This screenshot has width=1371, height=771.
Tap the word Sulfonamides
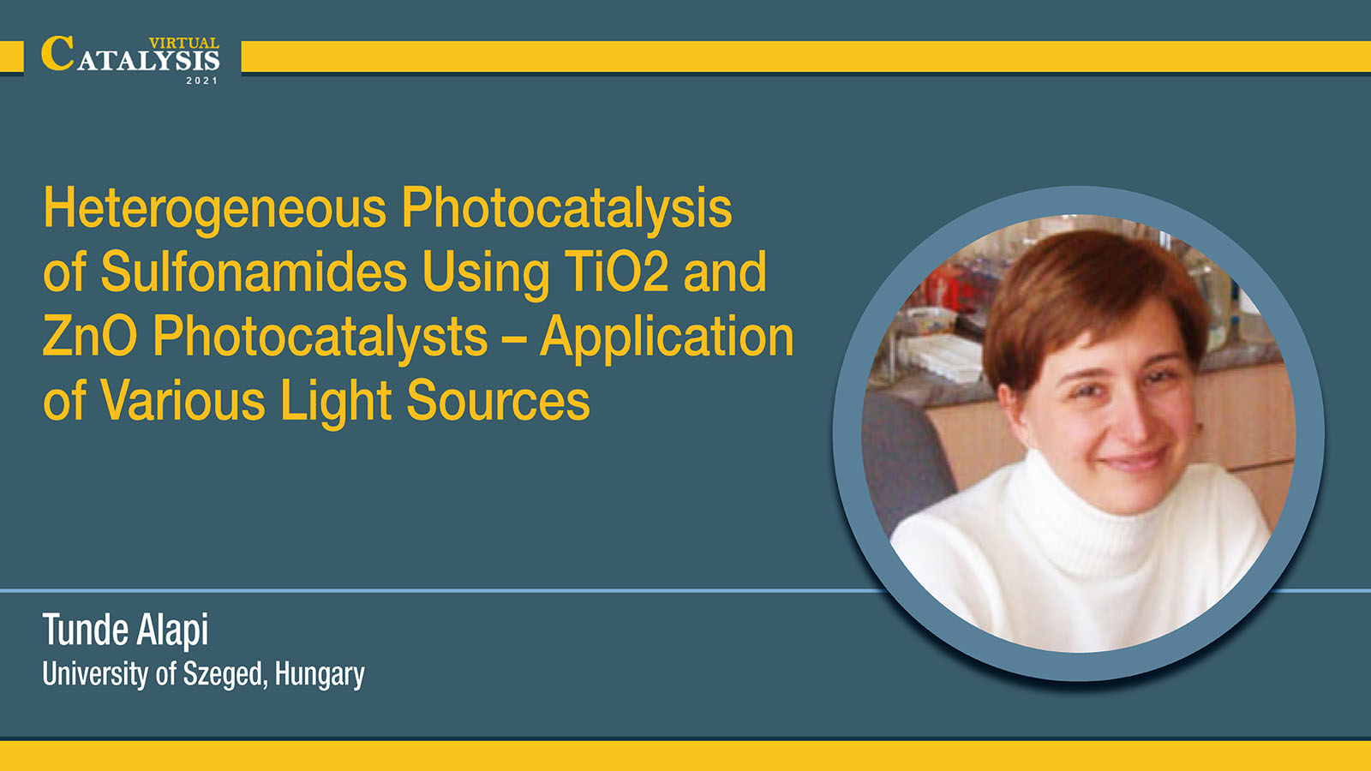click(254, 272)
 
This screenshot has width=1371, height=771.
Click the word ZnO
click(90, 336)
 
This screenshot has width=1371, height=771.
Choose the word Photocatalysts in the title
click(320, 338)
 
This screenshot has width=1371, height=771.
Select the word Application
click(667, 338)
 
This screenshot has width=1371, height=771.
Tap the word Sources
click(498, 401)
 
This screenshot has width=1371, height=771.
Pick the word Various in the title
click(183, 401)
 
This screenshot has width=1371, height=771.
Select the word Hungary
click(320, 675)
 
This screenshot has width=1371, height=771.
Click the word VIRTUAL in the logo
click(183, 44)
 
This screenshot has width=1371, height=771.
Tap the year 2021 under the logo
click(202, 81)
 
